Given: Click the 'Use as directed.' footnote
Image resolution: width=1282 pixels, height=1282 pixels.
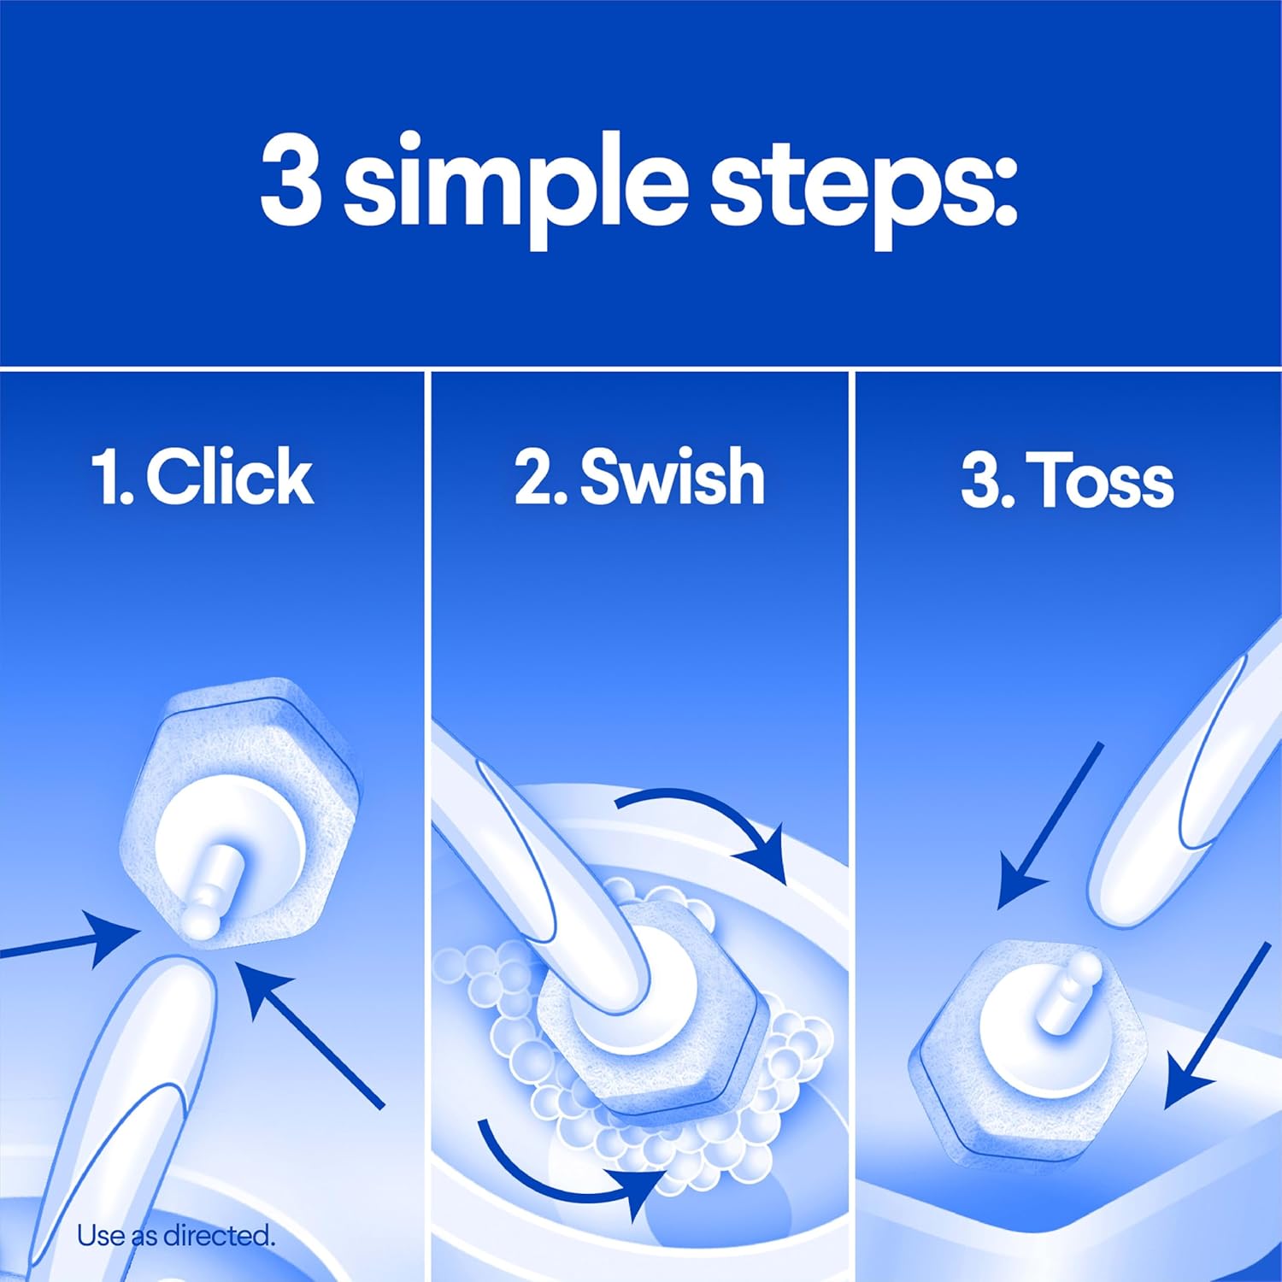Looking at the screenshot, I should (176, 1235).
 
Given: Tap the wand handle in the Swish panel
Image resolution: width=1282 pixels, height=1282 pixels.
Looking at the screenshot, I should (547, 863).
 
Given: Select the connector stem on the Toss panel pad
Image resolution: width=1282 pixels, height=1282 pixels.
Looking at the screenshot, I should (1068, 991).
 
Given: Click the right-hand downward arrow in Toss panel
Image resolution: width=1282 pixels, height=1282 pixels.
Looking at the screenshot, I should (1214, 1026).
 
